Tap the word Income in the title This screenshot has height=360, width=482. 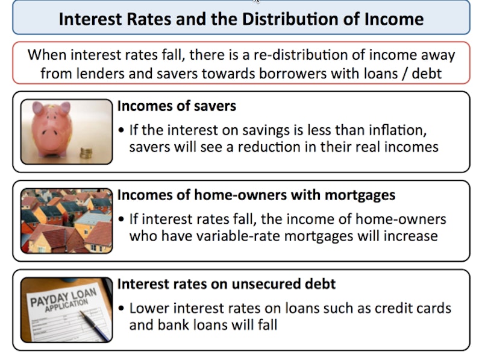(x=394, y=19)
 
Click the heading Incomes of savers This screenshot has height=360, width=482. (x=177, y=106)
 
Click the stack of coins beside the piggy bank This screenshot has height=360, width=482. (x=86, y=153)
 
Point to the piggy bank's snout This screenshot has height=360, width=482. (x=50, y=133)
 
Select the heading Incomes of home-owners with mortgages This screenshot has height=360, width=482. (x=257, y=195)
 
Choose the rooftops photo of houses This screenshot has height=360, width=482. (x=66, y=221)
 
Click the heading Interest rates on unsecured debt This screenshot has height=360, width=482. (x=227, y=283)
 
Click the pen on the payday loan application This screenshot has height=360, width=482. (x=95, y=324)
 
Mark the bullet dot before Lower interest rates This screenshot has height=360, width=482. (x=121, y=308)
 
